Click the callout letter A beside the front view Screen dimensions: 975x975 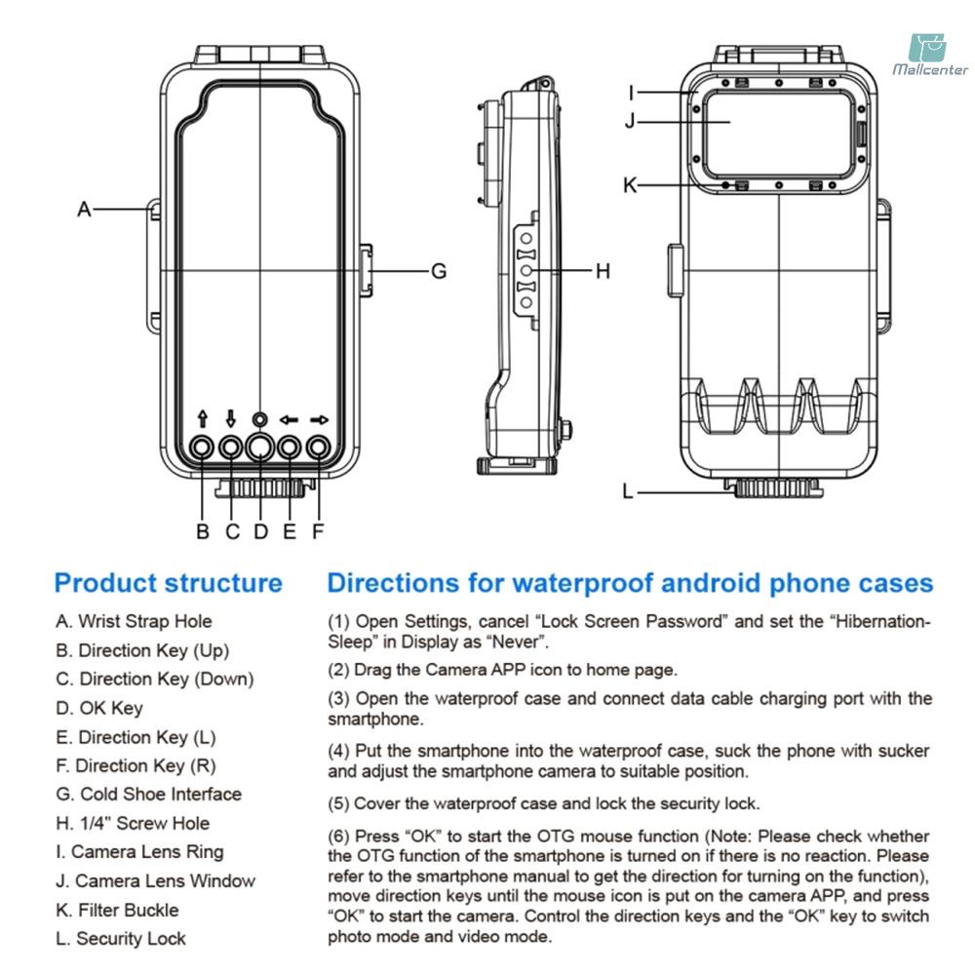pos(85,209)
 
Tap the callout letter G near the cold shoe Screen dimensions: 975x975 pos(439,271)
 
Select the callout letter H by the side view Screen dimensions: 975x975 pos(603,271)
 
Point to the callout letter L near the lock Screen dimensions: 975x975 pos(628,491)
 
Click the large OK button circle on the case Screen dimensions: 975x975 pos(260,448)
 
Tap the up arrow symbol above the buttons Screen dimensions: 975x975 pos(202,419)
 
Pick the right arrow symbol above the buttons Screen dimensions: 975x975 pos(319,419)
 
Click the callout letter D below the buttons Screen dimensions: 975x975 pos(260,531)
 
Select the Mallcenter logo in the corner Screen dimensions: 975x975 pos(929,54)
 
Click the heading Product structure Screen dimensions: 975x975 pos(169,583)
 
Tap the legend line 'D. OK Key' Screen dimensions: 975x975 pos(99,708)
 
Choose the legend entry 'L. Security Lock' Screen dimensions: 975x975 pos(121,939)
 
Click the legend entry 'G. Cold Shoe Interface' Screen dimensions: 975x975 pos(148,795)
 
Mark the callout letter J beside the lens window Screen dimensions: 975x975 pos(630,122)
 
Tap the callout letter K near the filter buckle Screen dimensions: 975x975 pos(630,184)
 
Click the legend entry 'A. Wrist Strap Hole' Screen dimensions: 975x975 pos(134,621)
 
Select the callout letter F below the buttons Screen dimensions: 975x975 pos(318,531)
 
